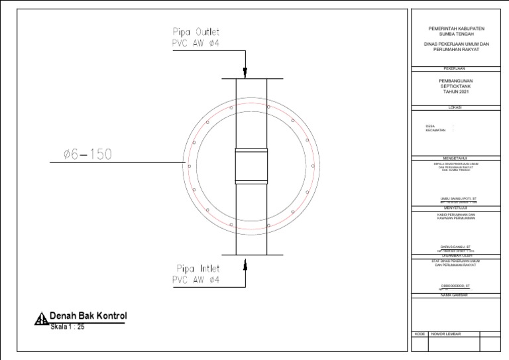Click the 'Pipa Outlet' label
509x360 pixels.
point(196,32)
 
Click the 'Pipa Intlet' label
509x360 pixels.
point(198,269)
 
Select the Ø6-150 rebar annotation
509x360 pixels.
point(87,154)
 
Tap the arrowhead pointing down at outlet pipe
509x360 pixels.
point(245,73)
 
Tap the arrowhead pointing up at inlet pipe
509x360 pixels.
point(245,264)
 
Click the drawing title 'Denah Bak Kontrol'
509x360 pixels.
point(87,316)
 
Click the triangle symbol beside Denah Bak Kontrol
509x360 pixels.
point(41,320)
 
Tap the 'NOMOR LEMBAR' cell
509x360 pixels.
point(446,334)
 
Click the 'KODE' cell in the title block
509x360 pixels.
point(420,334)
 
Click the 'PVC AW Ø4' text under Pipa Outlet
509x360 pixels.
point(196,44)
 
